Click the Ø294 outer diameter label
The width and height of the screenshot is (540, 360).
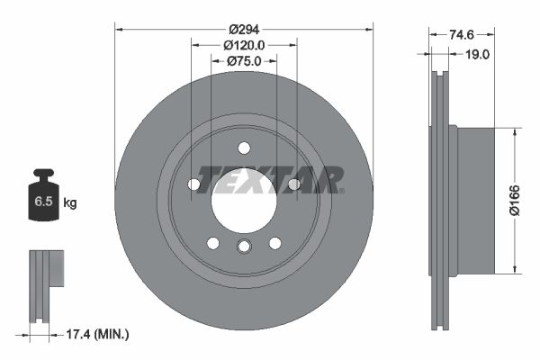pyautogui.click(x=244, y=30)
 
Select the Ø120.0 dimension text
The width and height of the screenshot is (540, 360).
pyautogui.click(x=244, y=45)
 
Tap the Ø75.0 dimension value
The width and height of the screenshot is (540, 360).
pyautogui.click(x=244, y=60)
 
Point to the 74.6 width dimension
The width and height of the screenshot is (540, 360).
pyautogui.click(x=461, y=35)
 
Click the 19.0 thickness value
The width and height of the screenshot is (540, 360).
pyautogui.click(x=477, y=54)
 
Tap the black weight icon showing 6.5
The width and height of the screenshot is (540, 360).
pyautogui.click(x=43, y=200)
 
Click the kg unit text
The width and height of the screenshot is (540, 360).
pyautogui.click(x=70, y=202)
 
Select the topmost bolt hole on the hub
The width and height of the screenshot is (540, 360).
pyautogui.click(x=244, y=148)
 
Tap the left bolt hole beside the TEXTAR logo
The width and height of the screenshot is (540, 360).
pyautogui.click(x=193, y=184)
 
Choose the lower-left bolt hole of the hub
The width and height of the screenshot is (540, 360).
pyautogui.click(x=213, y=243)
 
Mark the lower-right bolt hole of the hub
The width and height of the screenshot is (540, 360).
pyautogui.click(x=274, y=243)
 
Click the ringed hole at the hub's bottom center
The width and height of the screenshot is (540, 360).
pyautogui.click(x=244, y=247)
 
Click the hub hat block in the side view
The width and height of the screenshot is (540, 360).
pyautogui.click(x=476, y=200)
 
